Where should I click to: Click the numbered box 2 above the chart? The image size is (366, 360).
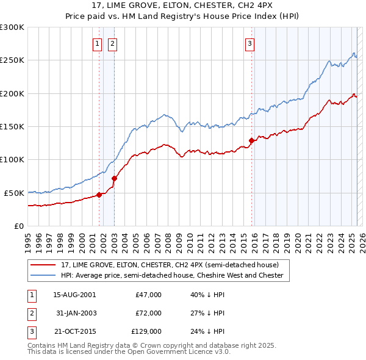tap(113, 43)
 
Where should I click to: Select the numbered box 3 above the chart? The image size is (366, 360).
tap(250, 43)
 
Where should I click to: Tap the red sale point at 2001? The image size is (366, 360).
tap(99, 195)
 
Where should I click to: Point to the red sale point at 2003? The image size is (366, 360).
tap(115, 178)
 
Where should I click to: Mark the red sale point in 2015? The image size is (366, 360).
tap(252, 140)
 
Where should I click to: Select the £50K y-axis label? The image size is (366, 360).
tap(14, 193)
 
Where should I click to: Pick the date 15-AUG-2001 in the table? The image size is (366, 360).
tap(74, 295)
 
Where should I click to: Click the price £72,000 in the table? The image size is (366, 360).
tap(148, 313)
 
